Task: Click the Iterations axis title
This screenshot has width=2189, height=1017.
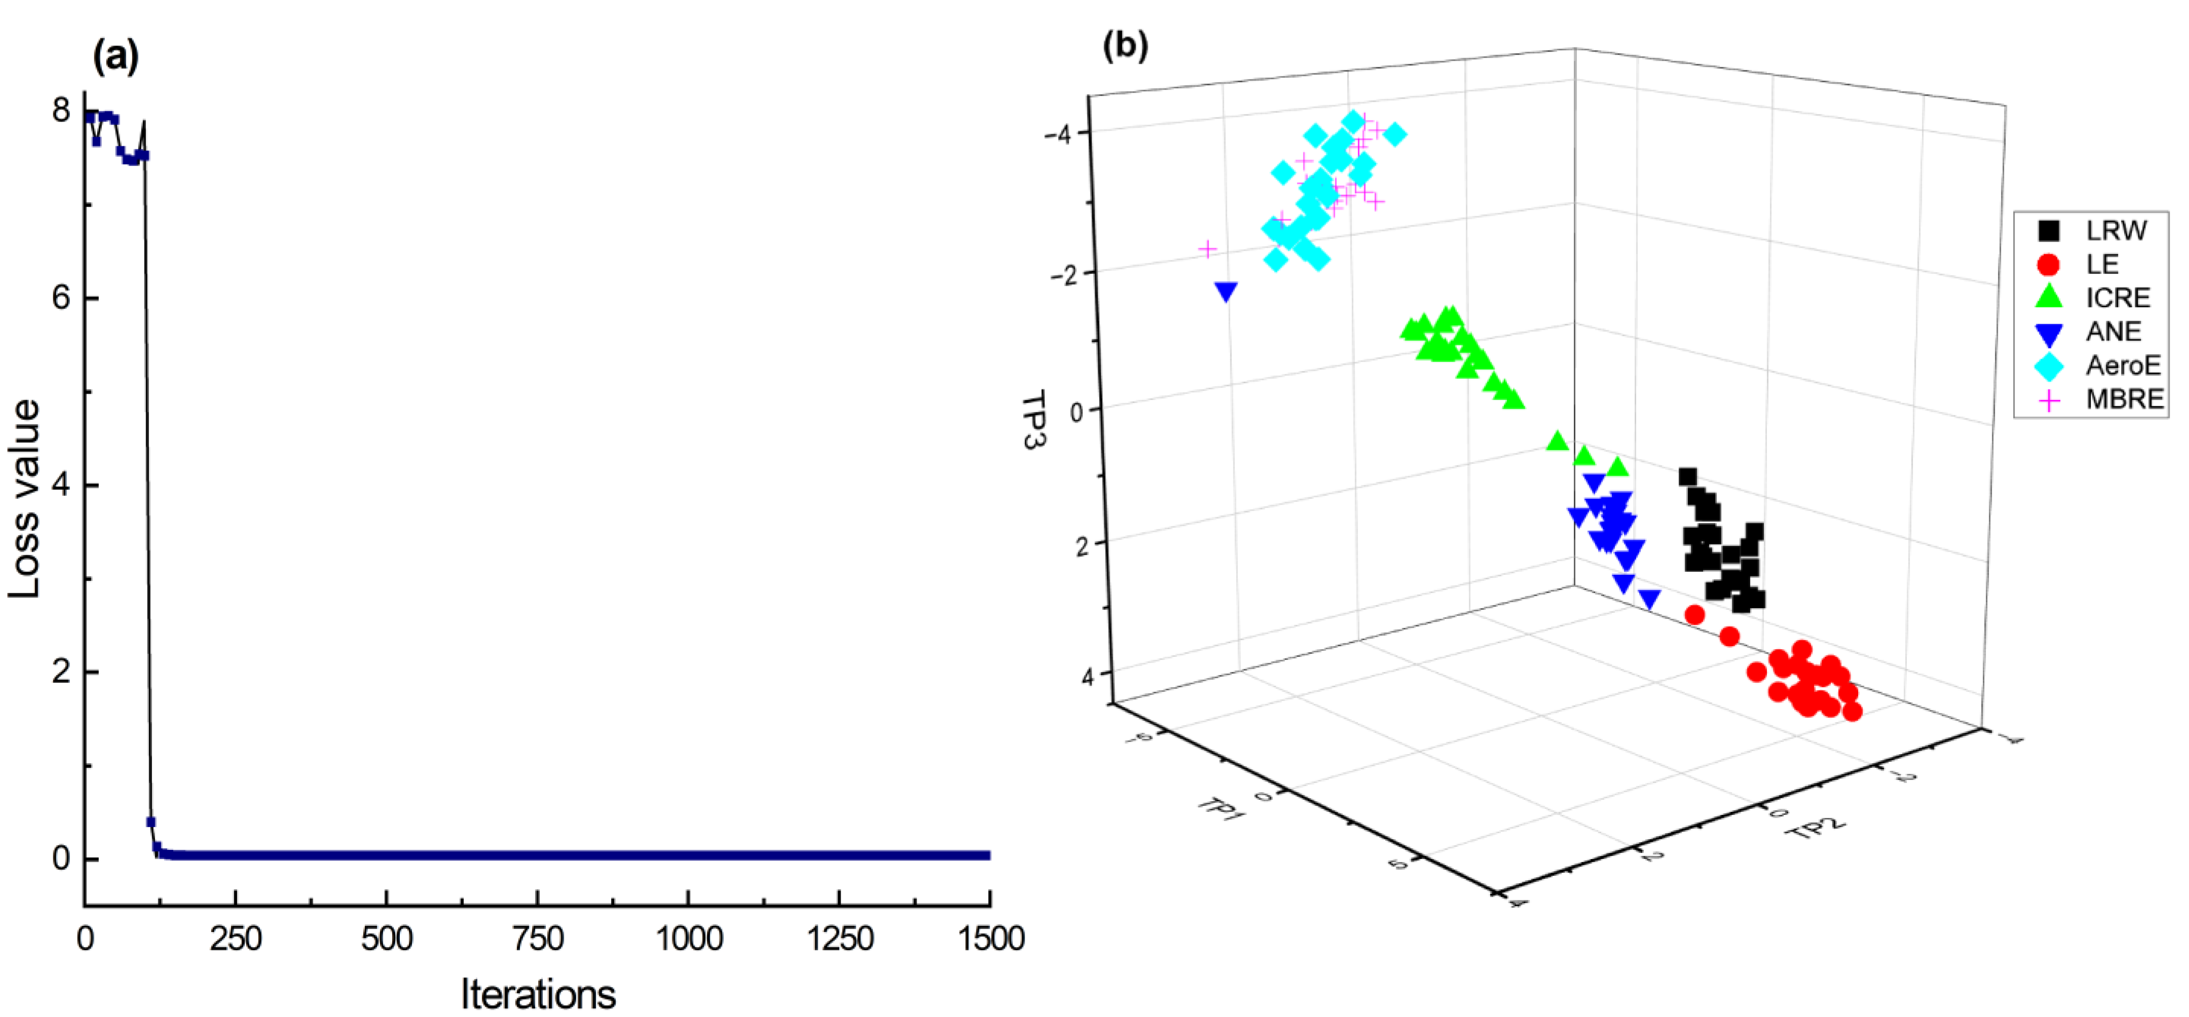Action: coord(538,992)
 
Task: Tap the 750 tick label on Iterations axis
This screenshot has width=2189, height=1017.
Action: coord(538,939)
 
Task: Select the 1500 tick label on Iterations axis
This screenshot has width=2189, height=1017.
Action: coord(990,939)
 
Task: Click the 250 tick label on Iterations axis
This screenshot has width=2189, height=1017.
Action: coord(236,939)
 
